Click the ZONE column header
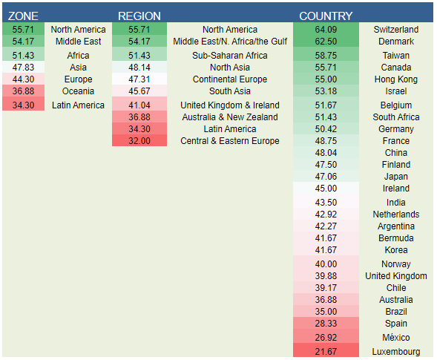coord(23,16)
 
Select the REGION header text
coord(139,16)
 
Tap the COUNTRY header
coord(326,16)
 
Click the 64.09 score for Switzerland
coord(326,29)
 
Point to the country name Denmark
coord(396,42)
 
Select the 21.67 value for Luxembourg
coord(326,351)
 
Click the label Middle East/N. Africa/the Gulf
coord(230,42)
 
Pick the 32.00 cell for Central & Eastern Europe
coord(139,140)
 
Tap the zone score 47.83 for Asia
coord(23,68)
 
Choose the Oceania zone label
coord(78,91)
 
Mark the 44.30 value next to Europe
coord(23,79)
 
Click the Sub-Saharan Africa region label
coord(230,55)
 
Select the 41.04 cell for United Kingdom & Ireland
coord(139,105)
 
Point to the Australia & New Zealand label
coord(230,117)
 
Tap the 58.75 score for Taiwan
coord(326,55)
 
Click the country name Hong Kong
coord(396,79)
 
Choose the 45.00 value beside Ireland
coord(326,189)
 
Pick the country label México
coord(396,338)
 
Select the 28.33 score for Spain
coord(326,323)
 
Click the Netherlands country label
coord(396,215)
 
